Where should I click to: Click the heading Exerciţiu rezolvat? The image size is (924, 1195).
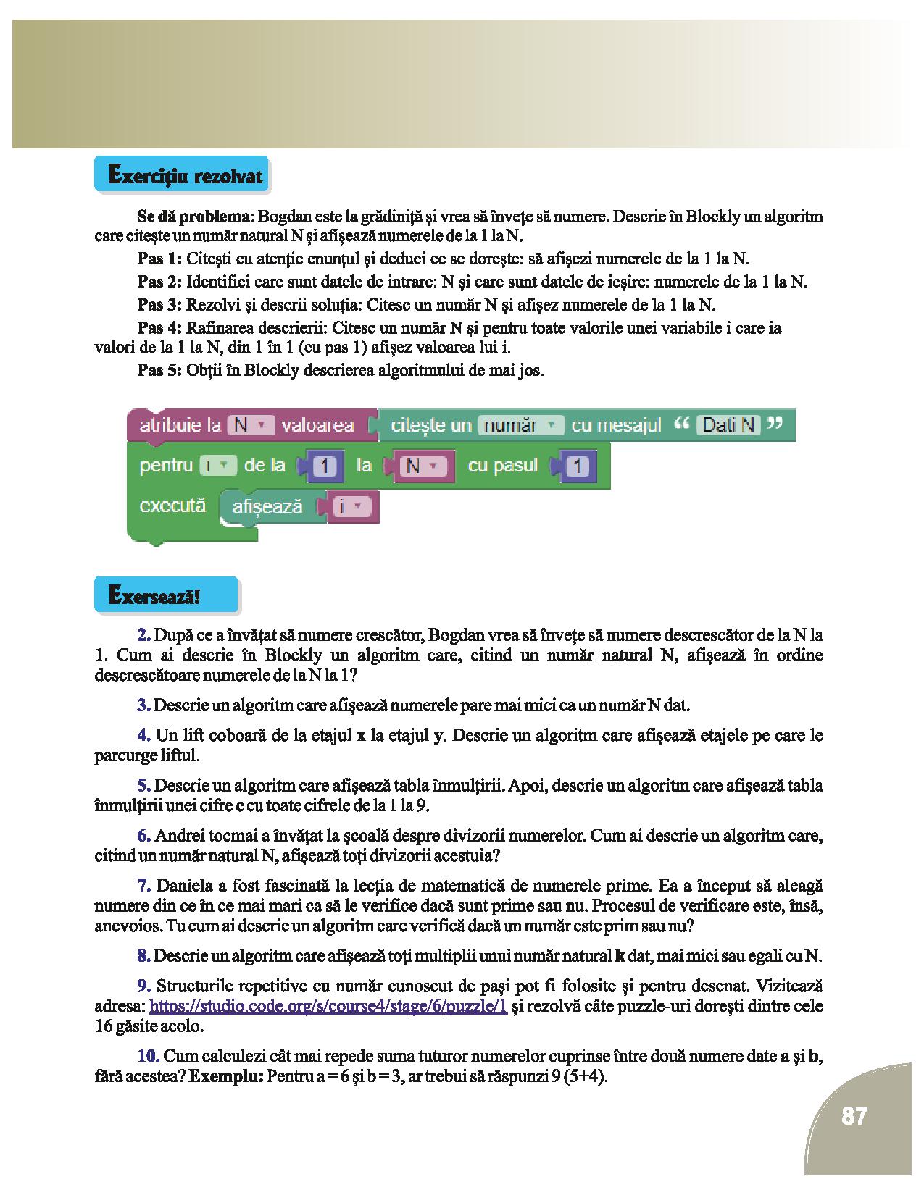click(184, 175)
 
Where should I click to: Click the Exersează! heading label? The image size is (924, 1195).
click(154, 596)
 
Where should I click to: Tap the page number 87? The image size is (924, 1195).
click(854, 1116)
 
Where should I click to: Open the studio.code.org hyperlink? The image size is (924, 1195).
click(328, 1006)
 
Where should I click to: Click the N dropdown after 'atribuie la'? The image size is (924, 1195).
click(251, 425)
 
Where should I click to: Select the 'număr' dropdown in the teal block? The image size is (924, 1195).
click(520, 425)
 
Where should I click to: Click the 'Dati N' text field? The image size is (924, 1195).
click(729, 425)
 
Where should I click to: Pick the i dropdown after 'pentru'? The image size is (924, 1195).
click(218, 466)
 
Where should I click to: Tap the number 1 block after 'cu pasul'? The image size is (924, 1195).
click(577, 466)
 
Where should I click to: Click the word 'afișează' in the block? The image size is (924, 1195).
click(267, 507)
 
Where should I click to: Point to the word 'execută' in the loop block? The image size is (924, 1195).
click(172, 505)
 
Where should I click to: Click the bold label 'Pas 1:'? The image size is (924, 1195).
click(159, 259)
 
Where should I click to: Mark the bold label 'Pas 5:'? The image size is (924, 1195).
click(159, 371)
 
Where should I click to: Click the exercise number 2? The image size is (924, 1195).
click(143, 635)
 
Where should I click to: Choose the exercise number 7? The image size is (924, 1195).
click(143, 886)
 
